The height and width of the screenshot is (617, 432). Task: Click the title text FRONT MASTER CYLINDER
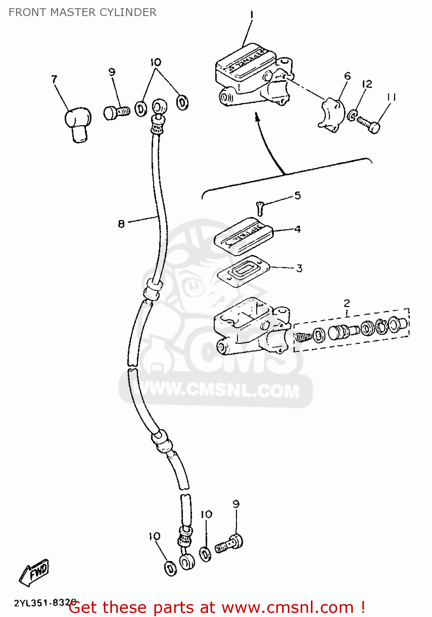pos(82,12)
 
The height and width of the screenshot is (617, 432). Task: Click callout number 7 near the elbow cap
pos(54,79)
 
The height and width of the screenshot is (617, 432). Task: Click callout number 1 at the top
pos(252,15)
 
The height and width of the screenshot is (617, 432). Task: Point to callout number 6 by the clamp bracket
pos(347,76)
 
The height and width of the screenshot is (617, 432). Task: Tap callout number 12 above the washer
pos(367,84)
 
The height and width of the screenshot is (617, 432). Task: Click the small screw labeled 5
pos(260,208)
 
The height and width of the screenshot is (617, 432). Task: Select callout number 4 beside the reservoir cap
pos(297,229)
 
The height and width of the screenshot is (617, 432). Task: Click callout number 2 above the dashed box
pos(347,304)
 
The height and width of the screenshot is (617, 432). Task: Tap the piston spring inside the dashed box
pos(303,337)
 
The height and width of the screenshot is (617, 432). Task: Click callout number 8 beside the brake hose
pos(121,224)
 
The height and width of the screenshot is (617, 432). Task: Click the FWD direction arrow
pos(35,572)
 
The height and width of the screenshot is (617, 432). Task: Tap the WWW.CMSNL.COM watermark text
pos(218,389)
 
